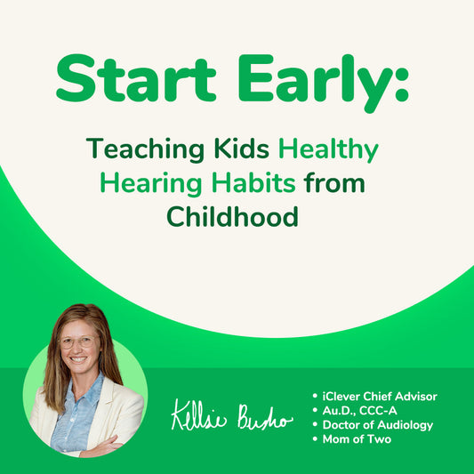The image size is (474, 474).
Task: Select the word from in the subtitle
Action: [x=334, y=183]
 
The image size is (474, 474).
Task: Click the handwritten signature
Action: [x=230, y=416]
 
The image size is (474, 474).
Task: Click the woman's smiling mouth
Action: [x=78, y=361]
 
